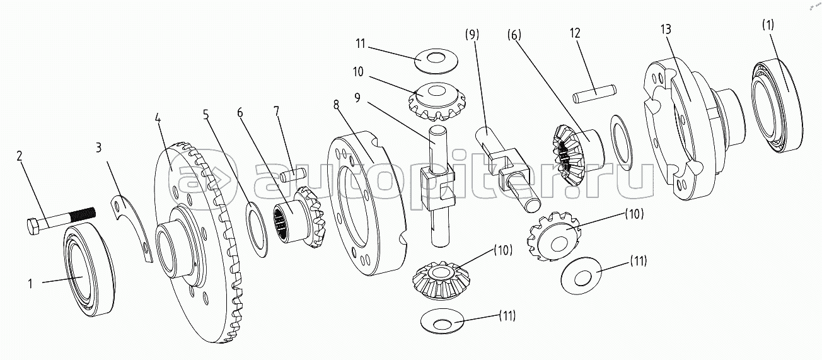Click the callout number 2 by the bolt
pos(21,155)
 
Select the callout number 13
pos(666,30)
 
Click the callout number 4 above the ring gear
pos(158,117)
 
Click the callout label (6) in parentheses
pos(514,35)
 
